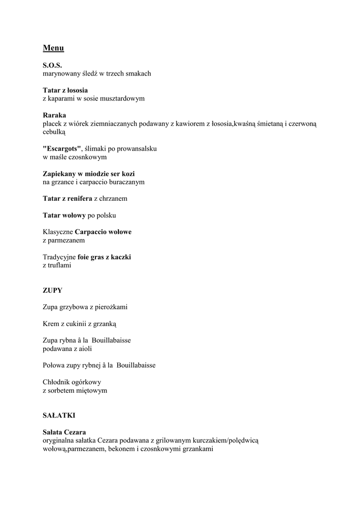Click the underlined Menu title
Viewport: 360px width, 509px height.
53,48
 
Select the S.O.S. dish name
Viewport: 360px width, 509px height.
52,65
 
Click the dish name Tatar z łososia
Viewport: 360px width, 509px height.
65,90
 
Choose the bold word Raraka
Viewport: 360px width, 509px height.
54,115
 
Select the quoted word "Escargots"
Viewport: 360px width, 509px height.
62,149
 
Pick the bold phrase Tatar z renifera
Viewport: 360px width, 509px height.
68,199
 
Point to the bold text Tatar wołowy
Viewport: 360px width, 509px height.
64,216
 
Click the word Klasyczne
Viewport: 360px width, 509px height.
58,232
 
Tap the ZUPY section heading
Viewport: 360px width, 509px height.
53,290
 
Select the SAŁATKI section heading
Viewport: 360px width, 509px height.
59,415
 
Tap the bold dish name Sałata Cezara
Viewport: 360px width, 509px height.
64,432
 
